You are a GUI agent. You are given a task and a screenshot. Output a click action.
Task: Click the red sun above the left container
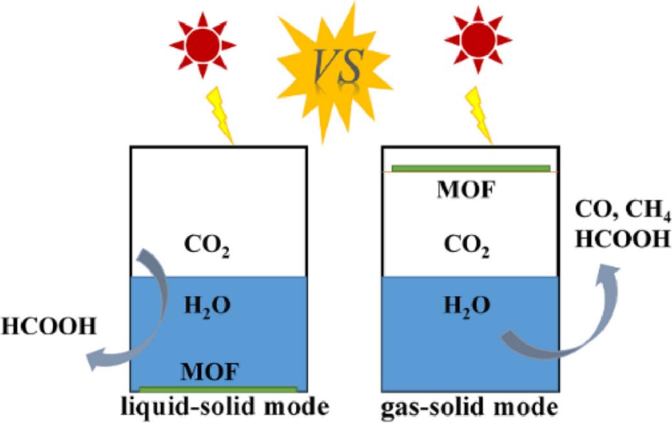[x=202, y=46]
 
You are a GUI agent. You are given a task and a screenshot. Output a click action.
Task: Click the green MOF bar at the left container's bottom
[x=218, y=389]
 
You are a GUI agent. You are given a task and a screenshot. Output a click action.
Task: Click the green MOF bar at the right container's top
[x=471, y=169]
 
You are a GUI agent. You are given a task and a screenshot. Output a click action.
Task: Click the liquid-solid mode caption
[x=222, y=408]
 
